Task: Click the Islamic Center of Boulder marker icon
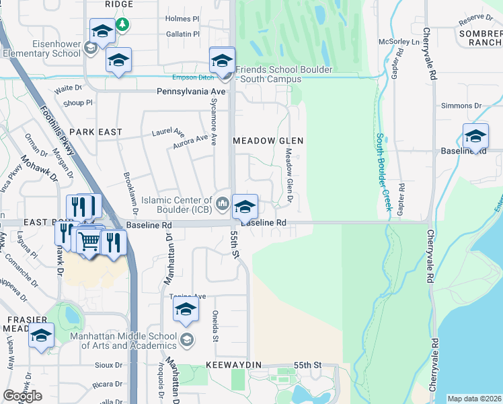pos(223,201)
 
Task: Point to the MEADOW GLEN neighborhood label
pos(268,141)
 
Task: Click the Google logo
pos(22,396)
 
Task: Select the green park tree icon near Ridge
pos(122,26)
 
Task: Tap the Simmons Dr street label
pos(461,106)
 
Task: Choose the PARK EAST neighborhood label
pos(95,132)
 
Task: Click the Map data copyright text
pos(473,399)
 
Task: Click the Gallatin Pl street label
pos(183,34)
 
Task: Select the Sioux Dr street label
pos(108,366)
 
